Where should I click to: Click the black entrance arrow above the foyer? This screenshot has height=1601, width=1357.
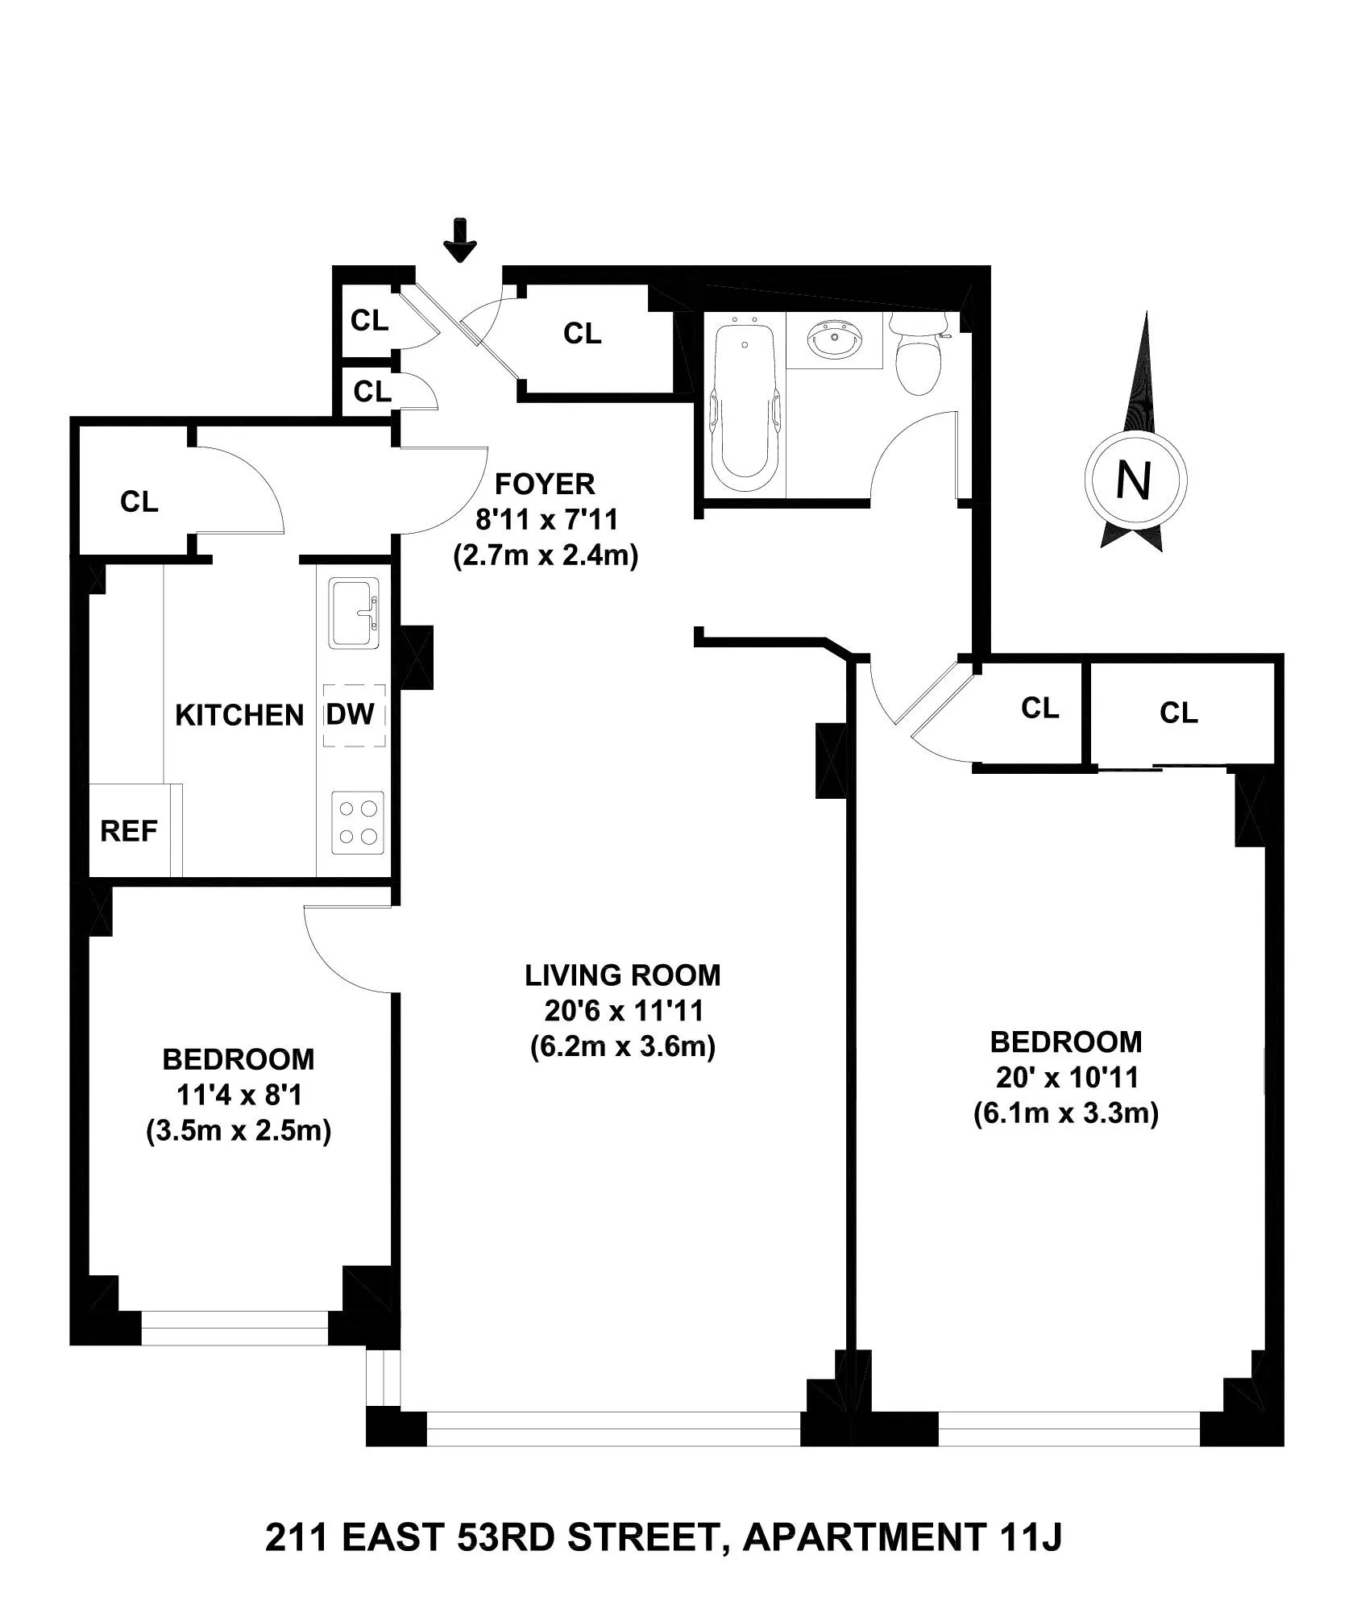click(460, 240)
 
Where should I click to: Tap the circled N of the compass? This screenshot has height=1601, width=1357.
click(1135, 481)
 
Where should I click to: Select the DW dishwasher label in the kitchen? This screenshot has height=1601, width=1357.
click(351, 714)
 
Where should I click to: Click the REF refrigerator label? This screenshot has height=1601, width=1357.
click(129, 831)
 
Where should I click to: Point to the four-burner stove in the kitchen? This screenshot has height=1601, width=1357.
click(358, 822)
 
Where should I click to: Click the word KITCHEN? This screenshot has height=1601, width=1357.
click(239, 716)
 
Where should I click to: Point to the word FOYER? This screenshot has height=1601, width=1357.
click(545, 484)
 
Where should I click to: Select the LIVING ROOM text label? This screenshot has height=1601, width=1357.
click(623, 975)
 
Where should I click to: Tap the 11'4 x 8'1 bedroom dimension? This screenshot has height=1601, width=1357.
click(239, 1095)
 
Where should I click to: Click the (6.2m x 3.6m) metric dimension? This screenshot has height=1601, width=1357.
click(623, 1047)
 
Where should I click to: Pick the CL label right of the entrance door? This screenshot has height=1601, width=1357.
click(582, 333)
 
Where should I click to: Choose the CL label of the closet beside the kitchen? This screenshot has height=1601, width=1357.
click(139, 502)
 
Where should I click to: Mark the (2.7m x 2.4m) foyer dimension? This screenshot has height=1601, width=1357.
click(546, 556)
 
